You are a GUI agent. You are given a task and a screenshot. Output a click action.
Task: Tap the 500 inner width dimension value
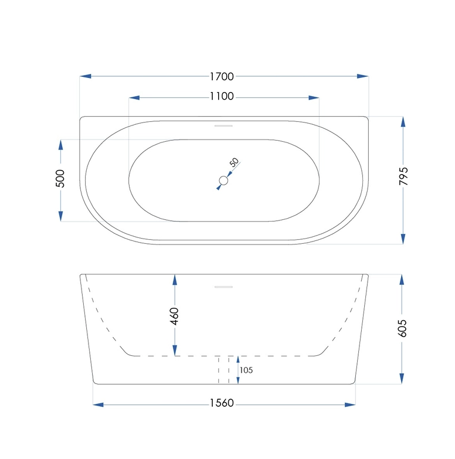(x=60, y=179)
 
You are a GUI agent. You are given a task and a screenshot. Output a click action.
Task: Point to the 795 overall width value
(x=403, y=176)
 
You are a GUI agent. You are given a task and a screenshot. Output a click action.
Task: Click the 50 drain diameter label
(x=234, y=163)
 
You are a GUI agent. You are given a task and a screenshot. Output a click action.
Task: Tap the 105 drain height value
(x=247, y=370)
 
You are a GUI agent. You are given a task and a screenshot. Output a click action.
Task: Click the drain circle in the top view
(x=223, y=181)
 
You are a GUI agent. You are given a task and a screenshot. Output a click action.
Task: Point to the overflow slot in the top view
(x=223, y=124)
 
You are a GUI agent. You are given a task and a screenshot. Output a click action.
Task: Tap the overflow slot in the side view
(x=223, y=287)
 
